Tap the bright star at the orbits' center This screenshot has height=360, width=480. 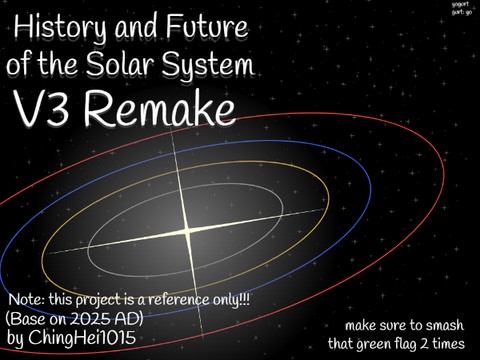[x=187, y=231]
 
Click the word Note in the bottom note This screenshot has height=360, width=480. [x=26, y=299]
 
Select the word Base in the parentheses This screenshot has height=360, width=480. [x=26, y=317]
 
